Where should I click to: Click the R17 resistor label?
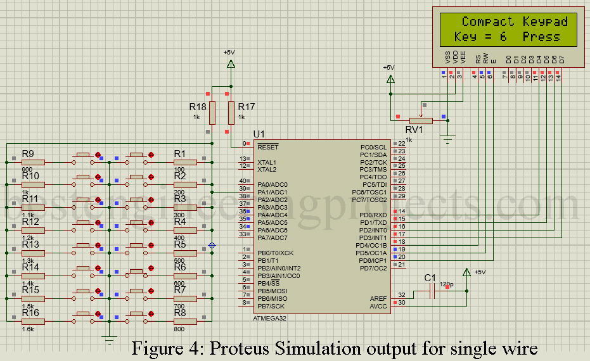point(247,107)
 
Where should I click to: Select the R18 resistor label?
point(198,107)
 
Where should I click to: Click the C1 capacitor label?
point(430,278)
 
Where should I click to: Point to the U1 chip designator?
point(259,135)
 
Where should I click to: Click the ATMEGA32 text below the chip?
point(270,318)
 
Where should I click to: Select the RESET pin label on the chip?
point(267,146)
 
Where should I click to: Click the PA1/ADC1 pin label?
point(273,192)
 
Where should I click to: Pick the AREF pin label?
point(378,298)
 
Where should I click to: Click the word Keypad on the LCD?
point(545,22)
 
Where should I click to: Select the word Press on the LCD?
point(541,37)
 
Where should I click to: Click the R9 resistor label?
point(28,154)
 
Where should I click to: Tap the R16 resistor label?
point(30,313)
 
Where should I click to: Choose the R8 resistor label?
point(180,312)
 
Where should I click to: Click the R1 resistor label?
point(180,154)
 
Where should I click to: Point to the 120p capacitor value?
point(446,284)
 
